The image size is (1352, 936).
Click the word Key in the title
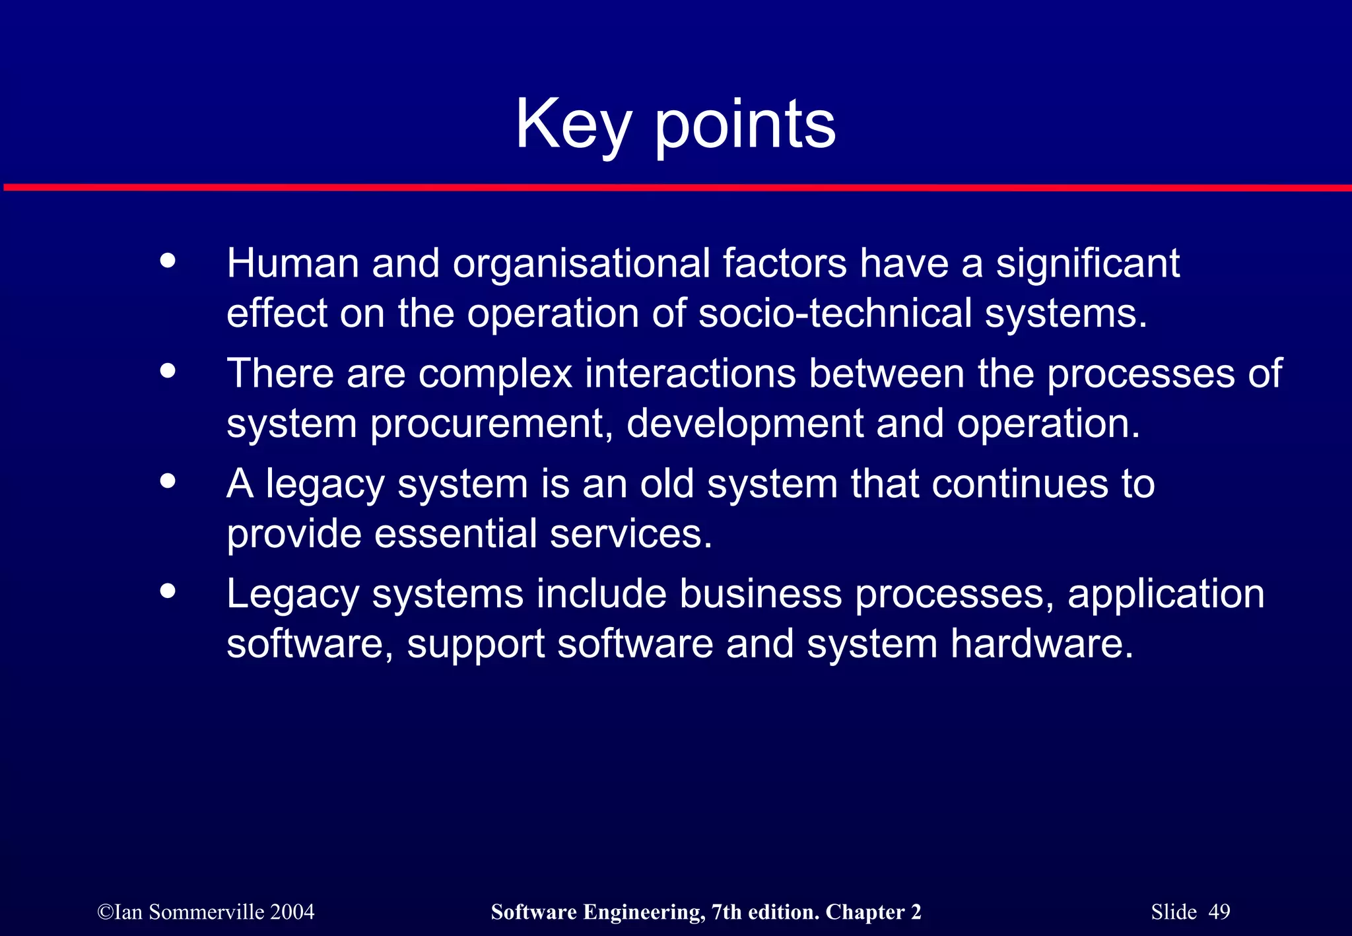pos(574,124)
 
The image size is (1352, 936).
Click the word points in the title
pos(745,124)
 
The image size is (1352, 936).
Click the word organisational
pos(580,263)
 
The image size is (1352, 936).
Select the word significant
pos(1087,263)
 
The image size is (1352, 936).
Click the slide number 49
pos(1219,912)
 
